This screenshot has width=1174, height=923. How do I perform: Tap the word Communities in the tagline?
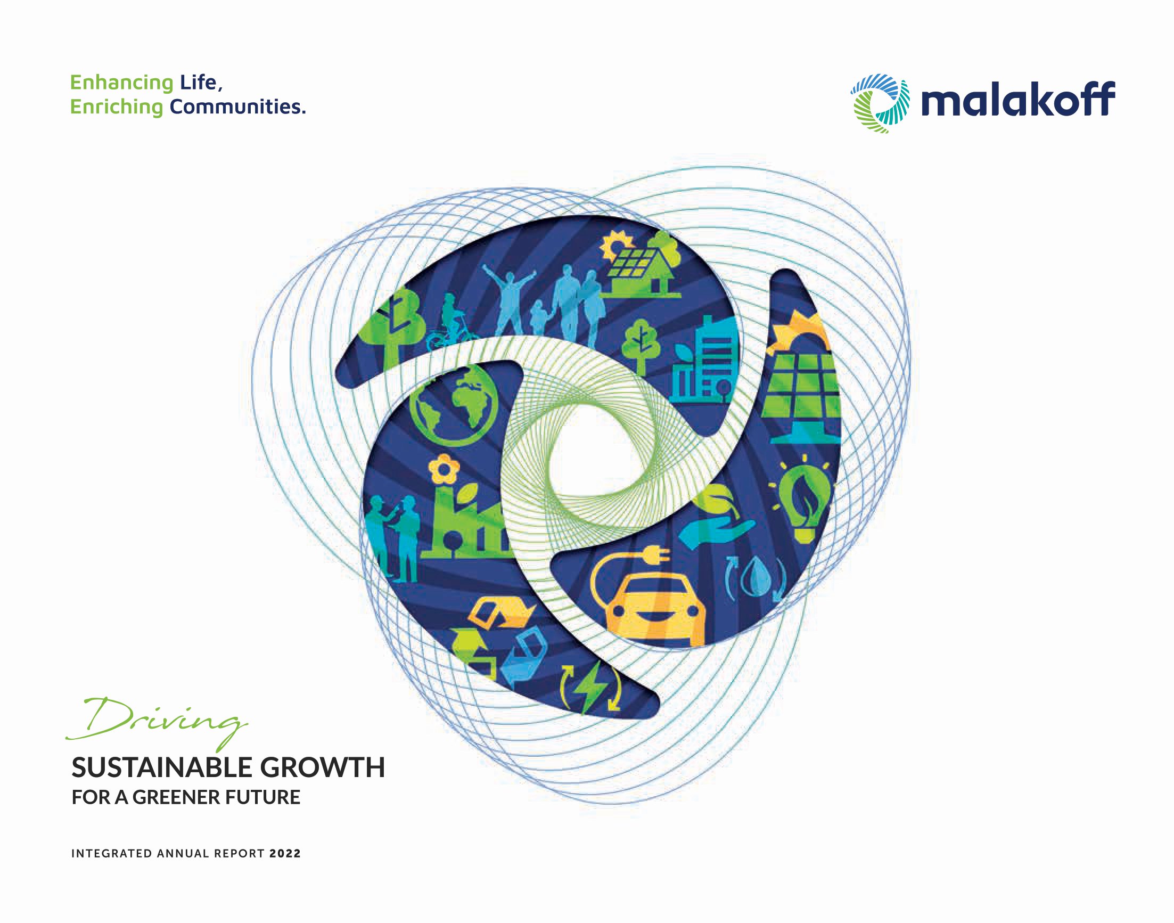pyautogui.click(x=237, y=107)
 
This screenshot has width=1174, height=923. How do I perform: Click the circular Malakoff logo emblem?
pyautogui.click(x=880, y=103)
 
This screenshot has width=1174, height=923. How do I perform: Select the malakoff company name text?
pyautogui.click(x=1018, y=99)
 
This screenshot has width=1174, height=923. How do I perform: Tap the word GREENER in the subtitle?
pyautogui.click(x=178, y=798)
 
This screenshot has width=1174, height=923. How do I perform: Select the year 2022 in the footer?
pyautogui.click(x=285, y=854)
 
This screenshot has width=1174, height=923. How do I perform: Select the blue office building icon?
pyautogui.click(x=702, y=359)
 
